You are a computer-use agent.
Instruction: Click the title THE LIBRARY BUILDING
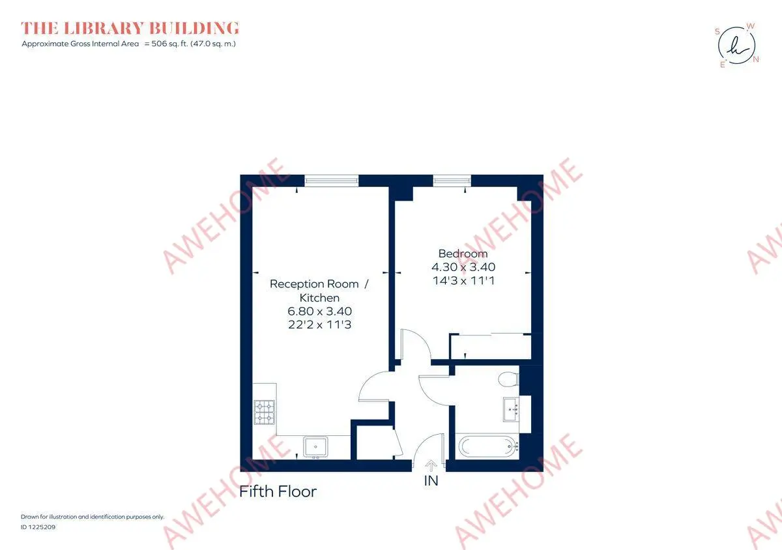tap(130, 28)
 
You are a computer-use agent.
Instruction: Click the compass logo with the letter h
tap(736, 46)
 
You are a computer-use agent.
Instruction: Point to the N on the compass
tap(756, 59)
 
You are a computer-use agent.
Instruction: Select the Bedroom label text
tap(463, 253)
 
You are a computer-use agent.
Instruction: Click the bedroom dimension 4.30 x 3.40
tap(463, 267)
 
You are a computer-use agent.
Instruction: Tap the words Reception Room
tap(314, 284)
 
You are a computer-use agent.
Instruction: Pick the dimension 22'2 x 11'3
tap(319, 325)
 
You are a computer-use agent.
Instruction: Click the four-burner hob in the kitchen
tap(265, 412)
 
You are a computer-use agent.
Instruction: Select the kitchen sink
tap(315, 447)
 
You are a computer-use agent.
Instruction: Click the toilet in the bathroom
tap(509, 379)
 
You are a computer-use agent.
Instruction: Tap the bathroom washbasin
tap(512, 409)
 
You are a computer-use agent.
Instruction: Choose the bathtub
tap(489, 446)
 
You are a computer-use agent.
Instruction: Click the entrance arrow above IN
tap(431, 466)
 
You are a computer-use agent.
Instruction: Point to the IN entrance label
tap(431, 481)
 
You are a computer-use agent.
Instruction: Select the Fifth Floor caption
tap(278, 492)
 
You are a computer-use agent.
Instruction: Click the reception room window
tap(331, 181)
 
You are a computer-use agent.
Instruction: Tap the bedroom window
tap(452, 181)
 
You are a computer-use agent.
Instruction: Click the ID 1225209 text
tap(38, 527)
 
